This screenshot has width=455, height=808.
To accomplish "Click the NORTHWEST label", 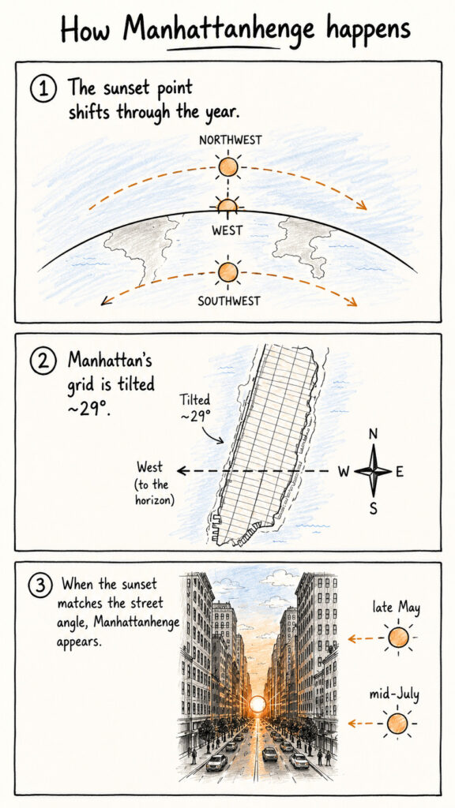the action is pos(230,140).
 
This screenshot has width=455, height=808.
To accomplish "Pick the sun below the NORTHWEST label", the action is pos(227,167).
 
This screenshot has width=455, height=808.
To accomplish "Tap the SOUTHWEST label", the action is pos(229,301).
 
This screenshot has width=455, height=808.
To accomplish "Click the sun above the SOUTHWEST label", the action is pos(227,272).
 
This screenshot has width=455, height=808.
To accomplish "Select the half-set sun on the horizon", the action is pos(227,205).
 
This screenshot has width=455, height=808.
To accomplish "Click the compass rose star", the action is pos(373,471).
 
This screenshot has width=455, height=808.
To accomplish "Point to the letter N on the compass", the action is pos(374,435).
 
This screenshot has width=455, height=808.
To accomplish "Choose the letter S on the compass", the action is pos(374,509).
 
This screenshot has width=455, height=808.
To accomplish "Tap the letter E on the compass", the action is pos(400,472).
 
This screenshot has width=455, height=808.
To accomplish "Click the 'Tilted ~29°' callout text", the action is pos(196,408).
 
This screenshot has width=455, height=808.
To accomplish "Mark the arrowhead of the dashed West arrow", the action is pos(181,470).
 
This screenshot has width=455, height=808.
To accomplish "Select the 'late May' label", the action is pos(397,608).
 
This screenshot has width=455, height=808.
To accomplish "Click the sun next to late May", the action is pos(398,638).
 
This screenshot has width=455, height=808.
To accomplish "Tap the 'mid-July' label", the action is pos(395,694).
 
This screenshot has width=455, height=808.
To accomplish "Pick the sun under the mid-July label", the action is pos(397,724).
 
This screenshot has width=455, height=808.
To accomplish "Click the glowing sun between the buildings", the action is pos(257,704).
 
